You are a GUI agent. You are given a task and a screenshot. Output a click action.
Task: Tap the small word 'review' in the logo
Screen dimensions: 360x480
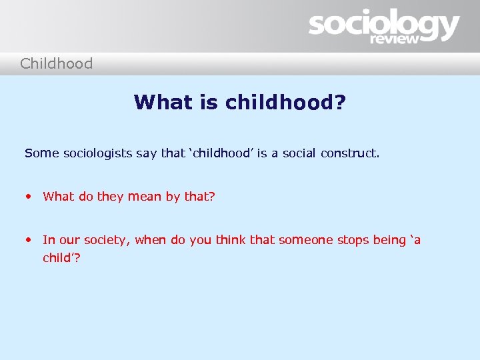pyautogui.click(x=395, y=39)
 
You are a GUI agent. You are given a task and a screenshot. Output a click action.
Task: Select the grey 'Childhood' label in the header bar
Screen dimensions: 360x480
pyautogui.click(x=56, y=64)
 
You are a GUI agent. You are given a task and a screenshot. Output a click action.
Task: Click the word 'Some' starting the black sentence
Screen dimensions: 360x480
pyautogui.click(x=42, y=153)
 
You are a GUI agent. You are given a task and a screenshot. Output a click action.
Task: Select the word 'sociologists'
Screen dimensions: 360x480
pyautogui.click(x=98, y=153)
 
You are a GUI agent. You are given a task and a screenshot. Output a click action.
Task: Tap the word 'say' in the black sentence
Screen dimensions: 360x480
pyautogui.click(x=147, y=154)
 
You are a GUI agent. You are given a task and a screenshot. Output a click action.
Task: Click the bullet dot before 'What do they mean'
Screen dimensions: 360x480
pyautogui.click(x=28, y=197)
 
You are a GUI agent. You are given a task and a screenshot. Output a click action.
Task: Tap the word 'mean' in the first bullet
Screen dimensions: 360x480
pyautogui.click(x=145, y=197)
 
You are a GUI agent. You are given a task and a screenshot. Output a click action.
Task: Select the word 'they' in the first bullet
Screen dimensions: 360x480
pyautogui.click(x=110, y=197)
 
